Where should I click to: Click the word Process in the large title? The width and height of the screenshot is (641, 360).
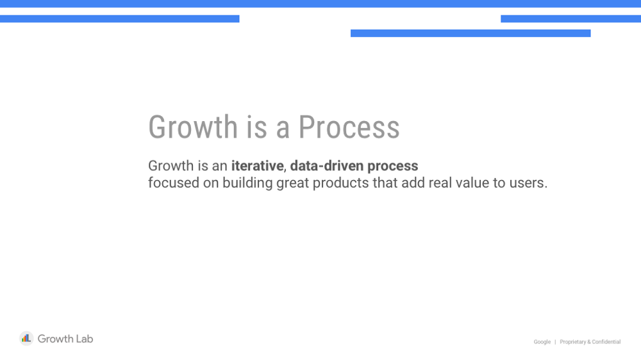(349, 127)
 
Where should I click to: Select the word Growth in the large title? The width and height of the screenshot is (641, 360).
(193, 127)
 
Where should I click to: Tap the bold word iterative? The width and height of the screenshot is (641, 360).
(257, 165)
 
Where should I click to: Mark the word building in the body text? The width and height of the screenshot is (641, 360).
(247, 183)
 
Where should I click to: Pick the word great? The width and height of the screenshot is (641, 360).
(293, 183)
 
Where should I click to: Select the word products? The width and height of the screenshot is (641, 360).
(340, 183)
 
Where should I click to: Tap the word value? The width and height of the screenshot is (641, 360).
(472, 183)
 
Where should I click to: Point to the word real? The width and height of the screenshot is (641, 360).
(440, 183)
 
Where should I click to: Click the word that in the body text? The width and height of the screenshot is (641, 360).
(385, 183)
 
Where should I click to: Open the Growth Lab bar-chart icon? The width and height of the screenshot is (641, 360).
(26, 338)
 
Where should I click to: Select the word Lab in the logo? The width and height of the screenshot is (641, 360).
(84, 339)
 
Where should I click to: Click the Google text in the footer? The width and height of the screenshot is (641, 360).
(542, 341)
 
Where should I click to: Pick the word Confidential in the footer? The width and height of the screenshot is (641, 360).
(606, 341)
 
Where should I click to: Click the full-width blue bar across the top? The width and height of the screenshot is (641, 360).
(320, 4)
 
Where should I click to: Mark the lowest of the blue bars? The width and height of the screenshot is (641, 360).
(470, 33)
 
